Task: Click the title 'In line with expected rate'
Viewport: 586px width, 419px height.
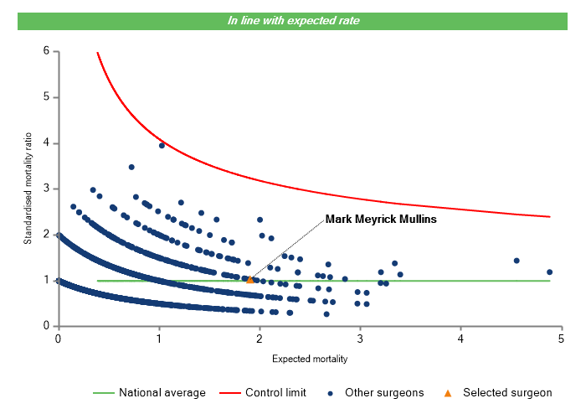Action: pos(293,21)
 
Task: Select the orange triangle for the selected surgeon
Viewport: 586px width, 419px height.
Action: pos(250,279)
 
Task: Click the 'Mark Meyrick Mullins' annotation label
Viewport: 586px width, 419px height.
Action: pos(381,219)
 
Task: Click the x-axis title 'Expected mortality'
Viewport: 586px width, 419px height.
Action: pos(310,359)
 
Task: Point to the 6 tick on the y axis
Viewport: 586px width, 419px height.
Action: pos(45,52)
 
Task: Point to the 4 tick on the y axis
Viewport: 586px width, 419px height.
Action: pos(45,143)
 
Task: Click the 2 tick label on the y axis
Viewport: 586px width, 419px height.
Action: pos(45,235)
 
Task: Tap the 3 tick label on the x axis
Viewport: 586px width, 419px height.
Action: pos(360,338)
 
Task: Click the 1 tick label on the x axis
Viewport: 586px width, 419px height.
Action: pos(158,338)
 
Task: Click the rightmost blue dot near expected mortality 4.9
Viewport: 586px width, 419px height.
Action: pos(549,272)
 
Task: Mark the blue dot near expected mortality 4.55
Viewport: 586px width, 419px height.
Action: pos(517,261)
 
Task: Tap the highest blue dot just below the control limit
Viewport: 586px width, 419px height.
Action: pos(162,145)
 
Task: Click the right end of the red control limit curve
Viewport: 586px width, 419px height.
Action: pos(549,217)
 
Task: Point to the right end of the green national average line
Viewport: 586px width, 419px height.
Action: pos(549,281)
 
